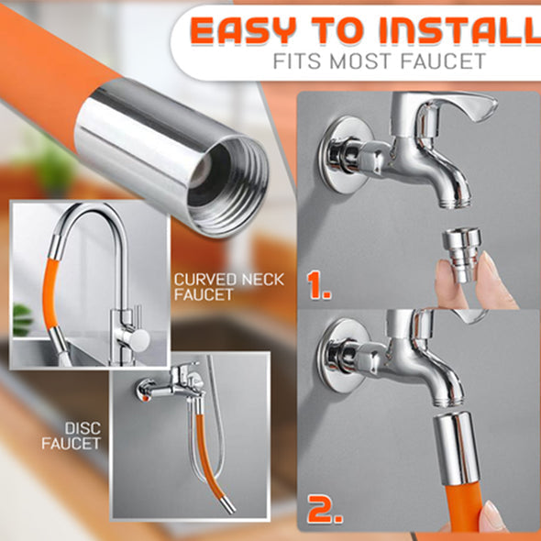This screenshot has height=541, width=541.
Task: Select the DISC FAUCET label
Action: click(72, 436)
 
